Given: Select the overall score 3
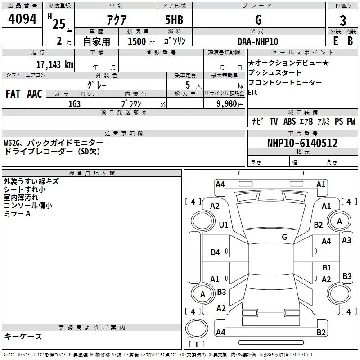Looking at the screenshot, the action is [343, 20].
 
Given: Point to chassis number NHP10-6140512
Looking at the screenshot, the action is [302, 143].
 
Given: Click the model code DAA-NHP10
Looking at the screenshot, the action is [258, 41].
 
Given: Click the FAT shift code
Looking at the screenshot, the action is [13, 94].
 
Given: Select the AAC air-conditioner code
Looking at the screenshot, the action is [35, 94].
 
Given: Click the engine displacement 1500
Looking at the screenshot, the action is [137, 41].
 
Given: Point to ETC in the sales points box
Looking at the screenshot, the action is [254, 93].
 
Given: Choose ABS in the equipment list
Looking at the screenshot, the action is [289, 121].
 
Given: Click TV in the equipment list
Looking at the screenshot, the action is [274, 121].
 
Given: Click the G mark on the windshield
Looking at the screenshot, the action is [284, 237].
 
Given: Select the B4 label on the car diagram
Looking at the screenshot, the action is [216, 252].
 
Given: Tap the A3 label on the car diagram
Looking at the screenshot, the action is [346, 240].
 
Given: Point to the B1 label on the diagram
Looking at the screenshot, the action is [327, 268].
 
